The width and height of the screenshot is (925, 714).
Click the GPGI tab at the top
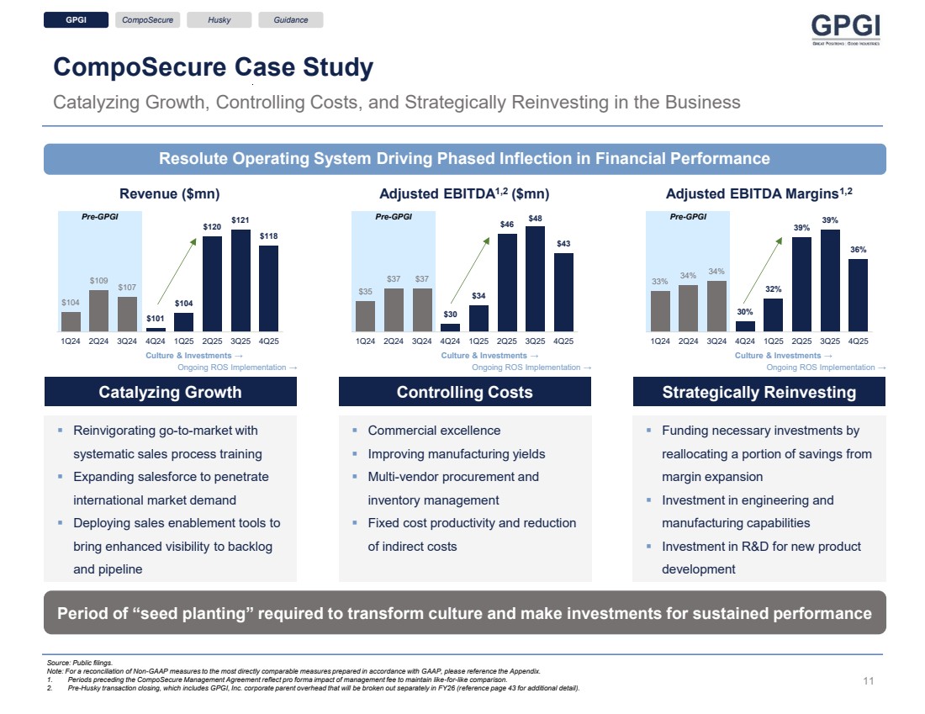pos(77,20)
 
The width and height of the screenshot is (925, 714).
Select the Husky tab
pos(219,20)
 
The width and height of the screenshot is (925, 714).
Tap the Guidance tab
pos(290,20)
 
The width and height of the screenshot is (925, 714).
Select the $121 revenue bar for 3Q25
pos(241,281)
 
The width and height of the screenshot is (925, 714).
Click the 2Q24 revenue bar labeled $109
pos(99,310)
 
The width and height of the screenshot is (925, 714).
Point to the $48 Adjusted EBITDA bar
pos(536,279)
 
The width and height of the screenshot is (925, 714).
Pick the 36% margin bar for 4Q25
pos(858,295)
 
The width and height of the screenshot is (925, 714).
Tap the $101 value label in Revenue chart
pos(156,319)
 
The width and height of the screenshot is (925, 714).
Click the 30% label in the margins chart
pos(745,312)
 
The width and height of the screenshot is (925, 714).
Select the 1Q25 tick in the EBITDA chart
pos(478,341)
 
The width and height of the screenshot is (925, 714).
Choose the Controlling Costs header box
pos(464,392)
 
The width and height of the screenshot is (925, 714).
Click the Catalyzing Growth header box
pos(170,392)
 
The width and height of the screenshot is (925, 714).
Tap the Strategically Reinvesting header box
pos(758,392)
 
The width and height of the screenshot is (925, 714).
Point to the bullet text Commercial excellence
pos(434,431)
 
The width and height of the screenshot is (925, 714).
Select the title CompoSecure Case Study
pos(213,67)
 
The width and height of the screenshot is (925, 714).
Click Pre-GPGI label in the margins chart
pos(689,216)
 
